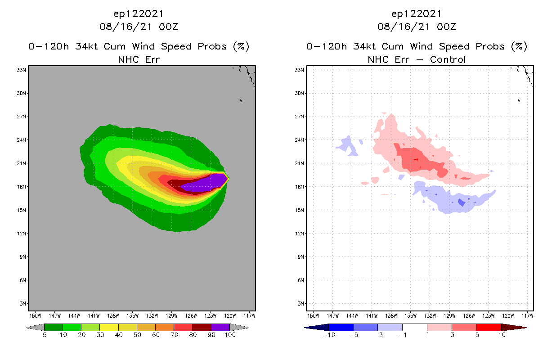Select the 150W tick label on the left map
(x=35, y=315)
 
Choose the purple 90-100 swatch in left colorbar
(x=220, y=327)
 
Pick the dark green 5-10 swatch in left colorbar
(x=54, y=327)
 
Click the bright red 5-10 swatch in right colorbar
(x=488, y=327)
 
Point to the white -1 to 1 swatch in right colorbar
(x=414, y=327)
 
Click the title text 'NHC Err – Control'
(x=417, y=59)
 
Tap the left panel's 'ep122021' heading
(x=139, y=13)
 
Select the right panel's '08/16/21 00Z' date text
(x=417, y=27)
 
